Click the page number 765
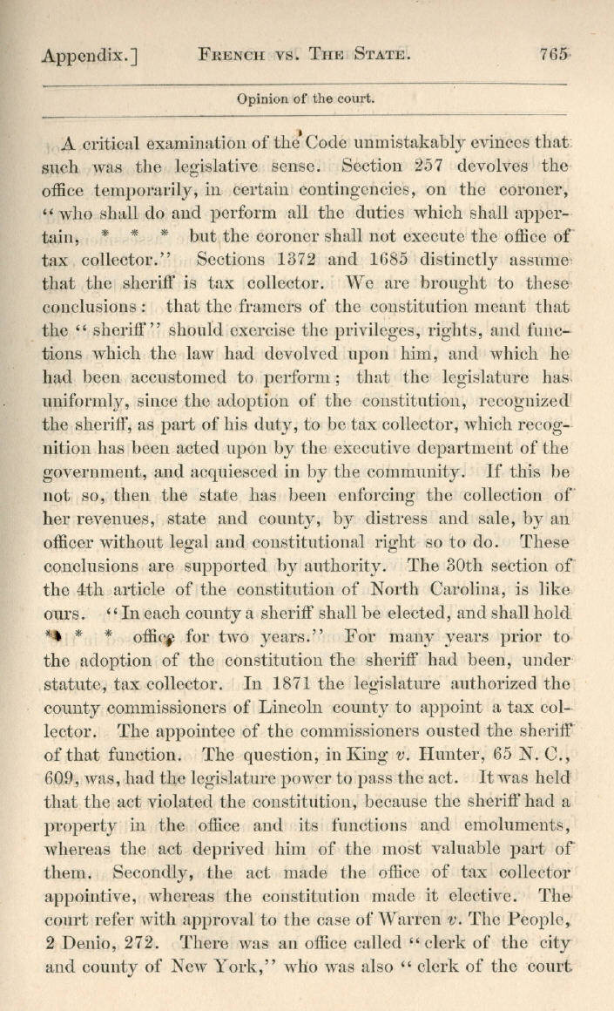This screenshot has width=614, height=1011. coord(555,53)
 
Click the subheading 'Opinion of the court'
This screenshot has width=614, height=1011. coord(306,98)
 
